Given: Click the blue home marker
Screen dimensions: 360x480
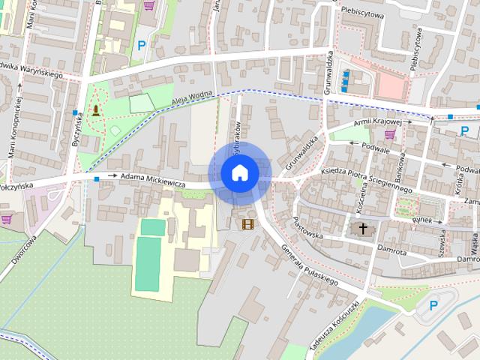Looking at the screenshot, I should pos(240,173).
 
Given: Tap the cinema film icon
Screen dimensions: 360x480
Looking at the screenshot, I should pos(247,223).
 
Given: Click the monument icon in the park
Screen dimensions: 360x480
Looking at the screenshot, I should pos(96,111).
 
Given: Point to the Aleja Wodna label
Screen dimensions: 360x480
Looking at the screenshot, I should pos(192,97).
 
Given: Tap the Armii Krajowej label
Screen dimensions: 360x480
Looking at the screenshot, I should pos(383,121).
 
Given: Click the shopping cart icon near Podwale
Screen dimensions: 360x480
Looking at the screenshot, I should pos(390,134).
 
